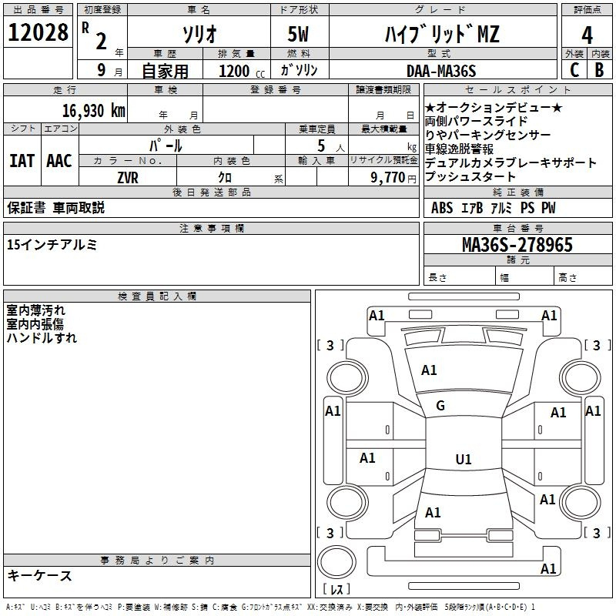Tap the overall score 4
click(x=587, y=35)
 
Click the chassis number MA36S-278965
click(x=517, y=246)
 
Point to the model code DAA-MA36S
click(x=441, y=70)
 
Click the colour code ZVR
click(x=128, y=176)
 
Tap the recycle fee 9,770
click(x=387, y=177)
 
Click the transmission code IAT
click(x=22, y=161)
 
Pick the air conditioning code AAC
click(x=59, y=161)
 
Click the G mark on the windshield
click(x=440, y=406)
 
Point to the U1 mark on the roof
click(x=463, y=460)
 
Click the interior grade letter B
click(x=599, y=70)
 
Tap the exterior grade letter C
click(x=574, y=70)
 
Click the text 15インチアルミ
click(x=52, y=245)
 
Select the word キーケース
click(x=39, y=575)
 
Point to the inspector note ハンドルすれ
click(x=42, y=337)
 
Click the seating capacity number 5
click(x=320, y=146)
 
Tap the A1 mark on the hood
click(x=429, y=370)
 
